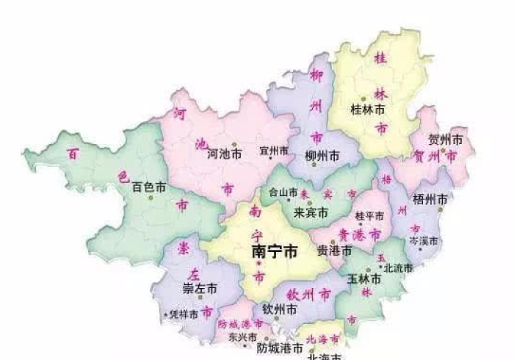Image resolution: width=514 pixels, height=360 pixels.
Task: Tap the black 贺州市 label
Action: click(x=447, y=140)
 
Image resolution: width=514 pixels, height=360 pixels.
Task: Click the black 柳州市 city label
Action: click(x=322, y=155)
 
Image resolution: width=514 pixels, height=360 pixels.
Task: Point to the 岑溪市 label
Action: click(x=424, y=241)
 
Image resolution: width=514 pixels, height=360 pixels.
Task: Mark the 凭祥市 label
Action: click(x=184, y=314)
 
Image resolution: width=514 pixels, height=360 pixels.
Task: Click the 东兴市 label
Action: click(x=242, y=337)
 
